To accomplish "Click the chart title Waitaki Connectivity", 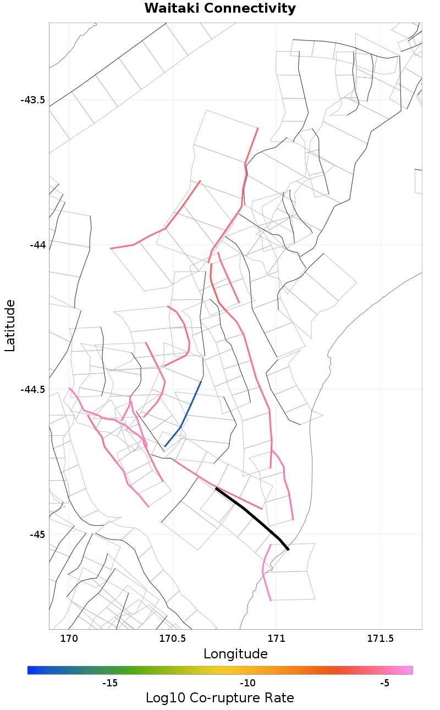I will (220, 9).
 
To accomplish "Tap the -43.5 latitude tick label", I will (32, 100).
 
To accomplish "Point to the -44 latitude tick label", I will (37, 245).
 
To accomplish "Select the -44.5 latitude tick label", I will (32, 390).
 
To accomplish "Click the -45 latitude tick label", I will (37, 535).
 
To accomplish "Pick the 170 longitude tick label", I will (69, 639).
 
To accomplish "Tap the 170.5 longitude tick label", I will (172, 639).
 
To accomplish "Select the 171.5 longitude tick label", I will (380, 639).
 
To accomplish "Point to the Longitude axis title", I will (235, 654).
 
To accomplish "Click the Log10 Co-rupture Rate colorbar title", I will (220, 698).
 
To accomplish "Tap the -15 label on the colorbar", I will (110, 683).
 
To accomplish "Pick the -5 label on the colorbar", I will (384, 683).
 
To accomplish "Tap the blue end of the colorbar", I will (31, 670).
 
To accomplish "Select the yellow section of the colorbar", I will (231, 670).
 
